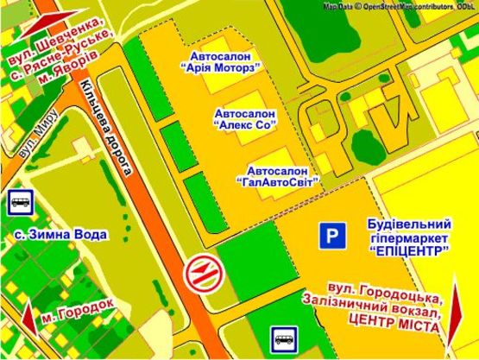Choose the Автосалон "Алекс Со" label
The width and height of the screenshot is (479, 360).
[245, 118]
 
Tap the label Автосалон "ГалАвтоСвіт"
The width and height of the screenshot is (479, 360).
[277, 175]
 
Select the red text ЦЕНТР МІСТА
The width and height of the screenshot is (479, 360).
[398, 327]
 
